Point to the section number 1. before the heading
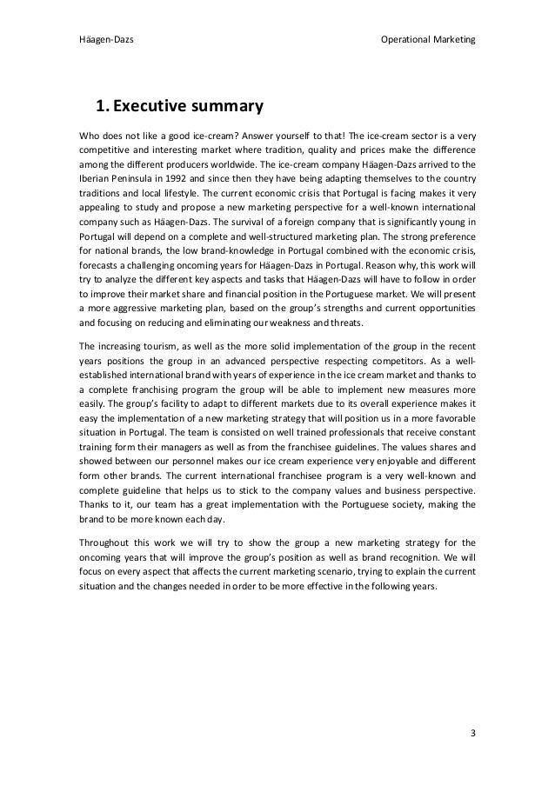103,108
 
